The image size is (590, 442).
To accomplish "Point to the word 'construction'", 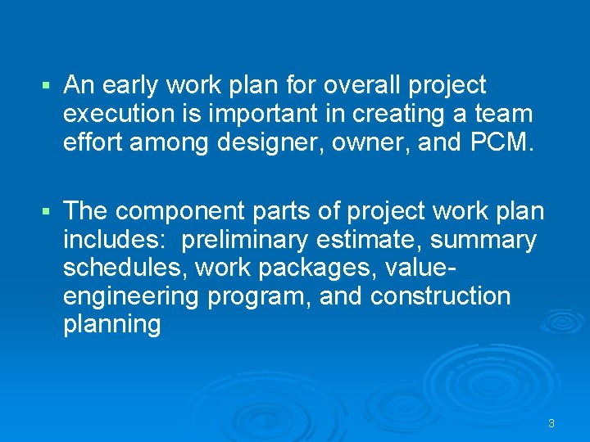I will pyautogui.click(x=440, y=296).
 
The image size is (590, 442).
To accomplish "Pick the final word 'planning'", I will pyautogui.click(x=111, y=325).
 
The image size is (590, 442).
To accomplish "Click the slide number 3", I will pyautogui.click(x=551, y=423).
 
